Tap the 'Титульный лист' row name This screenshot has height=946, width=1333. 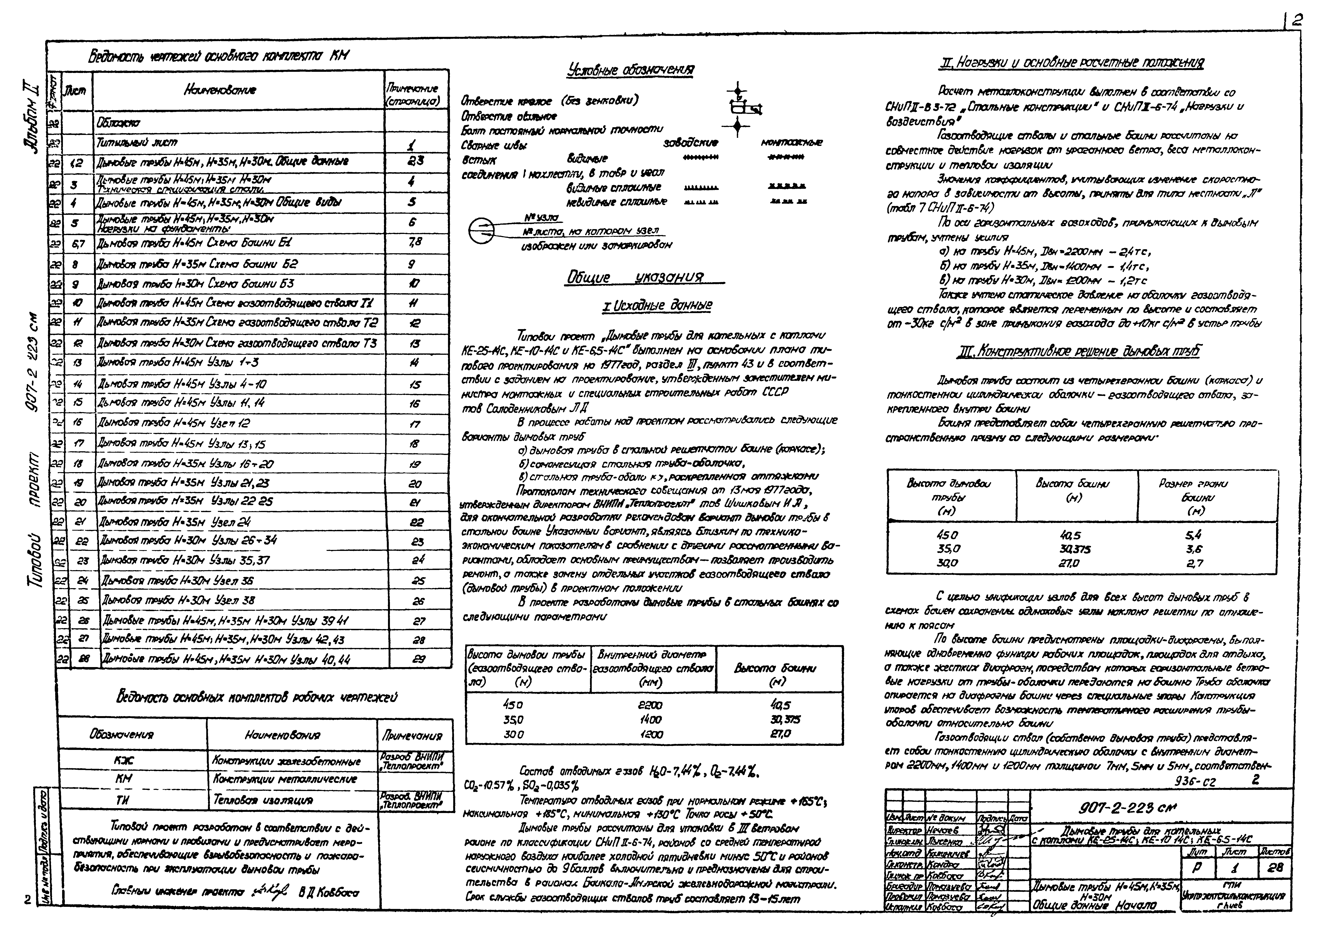pos(137,142)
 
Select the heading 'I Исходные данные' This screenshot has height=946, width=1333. pos(657,305)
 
